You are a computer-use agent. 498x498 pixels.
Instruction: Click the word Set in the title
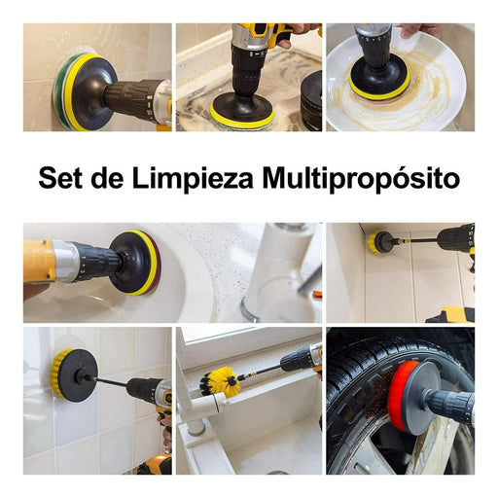tap(60, 178)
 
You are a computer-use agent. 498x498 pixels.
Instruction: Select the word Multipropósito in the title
tap(361, 179)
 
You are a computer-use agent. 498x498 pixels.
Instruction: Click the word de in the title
tap(107, 178)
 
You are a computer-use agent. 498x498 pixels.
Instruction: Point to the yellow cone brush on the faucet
tap(221, 380)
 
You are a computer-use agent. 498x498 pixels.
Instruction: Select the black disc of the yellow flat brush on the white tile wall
tap(77, 376)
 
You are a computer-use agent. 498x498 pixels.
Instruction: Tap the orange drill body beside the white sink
tap(38, 261)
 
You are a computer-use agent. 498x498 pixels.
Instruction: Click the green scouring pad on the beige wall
tap(58, 89)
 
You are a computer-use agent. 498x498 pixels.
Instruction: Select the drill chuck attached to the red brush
tap(448, 404)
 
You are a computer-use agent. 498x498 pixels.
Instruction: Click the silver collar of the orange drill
tap(65, 261)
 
